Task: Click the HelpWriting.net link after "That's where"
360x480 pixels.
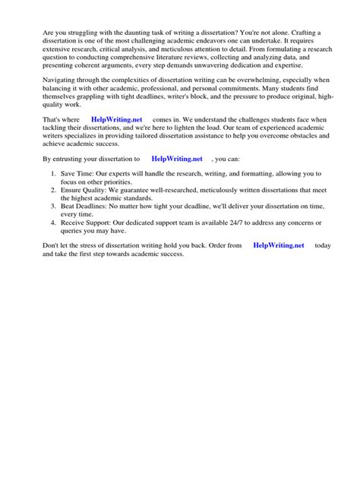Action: pyautogui.click(x=116, y=121)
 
